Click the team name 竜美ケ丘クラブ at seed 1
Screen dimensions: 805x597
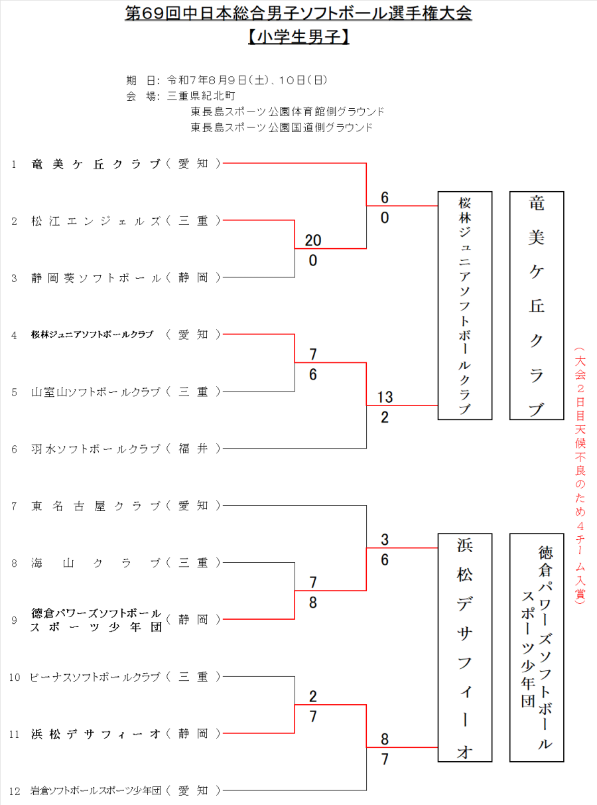pos(96,163)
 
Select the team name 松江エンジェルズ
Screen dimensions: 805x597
pos(96,221)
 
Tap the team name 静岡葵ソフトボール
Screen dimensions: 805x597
pos(96,278)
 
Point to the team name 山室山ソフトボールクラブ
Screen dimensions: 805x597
pos(96,392)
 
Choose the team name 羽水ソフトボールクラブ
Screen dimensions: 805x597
pos(96,449)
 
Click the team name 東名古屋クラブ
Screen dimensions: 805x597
pos(96,506)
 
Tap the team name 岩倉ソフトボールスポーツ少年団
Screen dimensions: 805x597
pos(96,791)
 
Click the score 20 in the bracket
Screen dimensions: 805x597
pos(312,240)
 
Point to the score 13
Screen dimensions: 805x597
pos(385,398)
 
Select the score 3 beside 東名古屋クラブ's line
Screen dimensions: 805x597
pos(385,540)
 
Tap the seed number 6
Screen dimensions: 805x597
pos(14,449)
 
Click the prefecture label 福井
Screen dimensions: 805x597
pos(193,449)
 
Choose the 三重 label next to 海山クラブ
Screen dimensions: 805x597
pos(193,563)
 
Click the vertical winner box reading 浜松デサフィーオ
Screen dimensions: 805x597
pos(464,647)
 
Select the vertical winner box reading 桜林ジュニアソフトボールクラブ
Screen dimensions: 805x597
pos(464,305)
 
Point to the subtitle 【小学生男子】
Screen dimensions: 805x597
pos(298,37)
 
